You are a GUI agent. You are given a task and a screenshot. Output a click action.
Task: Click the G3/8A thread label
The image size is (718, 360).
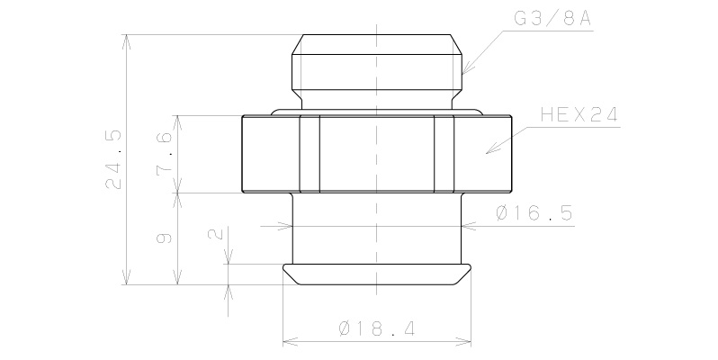coord(551,18)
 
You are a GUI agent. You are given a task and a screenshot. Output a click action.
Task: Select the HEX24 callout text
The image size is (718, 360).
coord(578,117)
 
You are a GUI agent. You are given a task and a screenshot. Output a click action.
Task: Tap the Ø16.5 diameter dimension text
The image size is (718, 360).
coord(534,214)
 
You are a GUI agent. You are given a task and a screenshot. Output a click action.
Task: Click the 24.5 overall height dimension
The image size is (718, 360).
coord(114,158)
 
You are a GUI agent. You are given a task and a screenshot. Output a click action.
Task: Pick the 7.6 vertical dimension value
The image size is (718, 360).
coord(165,154)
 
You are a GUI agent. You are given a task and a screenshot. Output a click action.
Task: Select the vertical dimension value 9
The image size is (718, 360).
coord(165,238)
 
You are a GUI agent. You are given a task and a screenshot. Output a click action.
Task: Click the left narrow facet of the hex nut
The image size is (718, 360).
coord(310,154)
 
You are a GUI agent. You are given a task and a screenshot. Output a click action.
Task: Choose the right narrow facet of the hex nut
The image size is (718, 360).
coord(444,154)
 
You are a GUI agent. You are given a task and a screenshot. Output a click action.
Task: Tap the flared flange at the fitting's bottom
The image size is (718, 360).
coord(377,274)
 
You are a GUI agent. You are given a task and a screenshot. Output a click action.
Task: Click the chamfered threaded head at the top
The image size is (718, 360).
coord(377,63)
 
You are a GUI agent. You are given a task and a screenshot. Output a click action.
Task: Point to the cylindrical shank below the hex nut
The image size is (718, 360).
coord(377,229)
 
